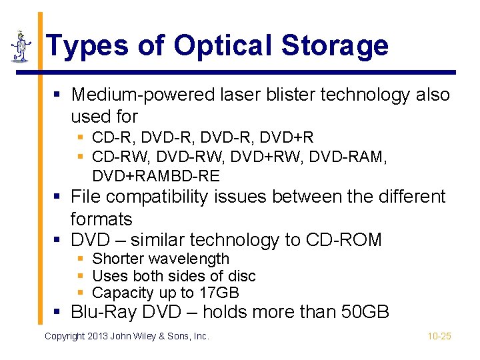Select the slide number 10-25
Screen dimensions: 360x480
click(x=439, y=336)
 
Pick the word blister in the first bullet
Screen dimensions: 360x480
click(x=285, y=95)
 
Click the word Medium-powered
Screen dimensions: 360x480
click(x=143, y=95)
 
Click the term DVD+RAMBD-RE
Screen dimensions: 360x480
click(x=156, y=176)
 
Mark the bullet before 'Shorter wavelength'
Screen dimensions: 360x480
click(x=81, y=259)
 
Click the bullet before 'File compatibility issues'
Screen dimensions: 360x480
click(x=59, y=197)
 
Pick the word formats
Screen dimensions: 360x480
click(x=101, y=219)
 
